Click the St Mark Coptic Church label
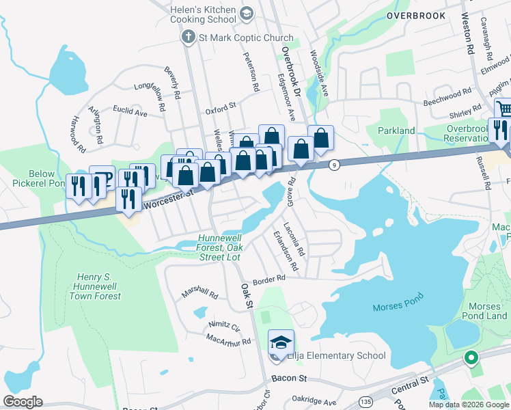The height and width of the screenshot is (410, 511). [x=236, y=38]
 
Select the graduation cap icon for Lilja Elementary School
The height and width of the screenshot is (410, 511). [x=279, y=341]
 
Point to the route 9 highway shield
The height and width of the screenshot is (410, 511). [x=334, y=165]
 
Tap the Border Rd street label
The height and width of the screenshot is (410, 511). [x=268, y=279]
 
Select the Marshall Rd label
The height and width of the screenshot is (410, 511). [x=199, y=295]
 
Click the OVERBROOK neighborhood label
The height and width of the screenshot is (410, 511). [x=415, y=16]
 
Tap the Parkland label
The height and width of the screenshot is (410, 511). [x=397, y=131]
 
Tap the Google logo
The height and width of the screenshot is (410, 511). [x=23, y=402]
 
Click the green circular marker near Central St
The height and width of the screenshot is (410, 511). [x=470, y=357]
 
